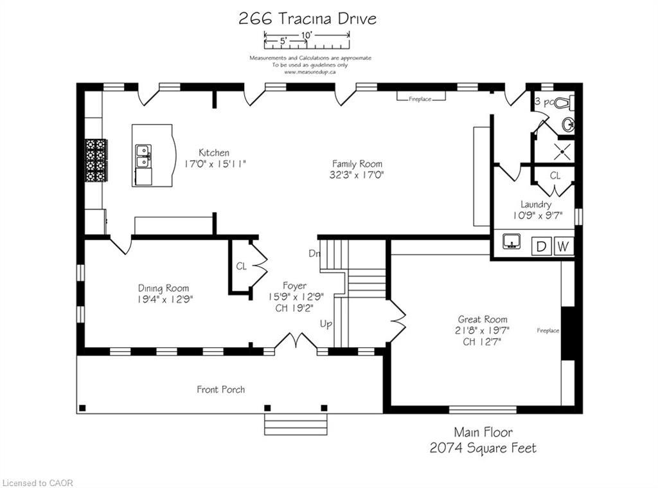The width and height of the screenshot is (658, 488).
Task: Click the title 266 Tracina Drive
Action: coord(307,18)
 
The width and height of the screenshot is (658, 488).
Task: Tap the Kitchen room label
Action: coord(214,152)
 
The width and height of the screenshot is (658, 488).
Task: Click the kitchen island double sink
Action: coord(143,156)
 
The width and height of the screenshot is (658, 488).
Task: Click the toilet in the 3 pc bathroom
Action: coord(564,102)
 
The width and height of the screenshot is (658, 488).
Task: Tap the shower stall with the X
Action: coord(564,149)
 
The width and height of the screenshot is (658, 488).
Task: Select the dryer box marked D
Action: coord(541,246)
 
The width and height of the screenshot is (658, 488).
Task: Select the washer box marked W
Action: coord(563,246)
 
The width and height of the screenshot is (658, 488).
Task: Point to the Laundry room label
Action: coord(536,204)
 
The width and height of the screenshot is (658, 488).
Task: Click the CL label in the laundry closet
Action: coord(555,175)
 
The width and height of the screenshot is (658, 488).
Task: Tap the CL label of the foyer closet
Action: coord(241,266)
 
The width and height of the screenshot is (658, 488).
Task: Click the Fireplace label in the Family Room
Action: coord(419,99)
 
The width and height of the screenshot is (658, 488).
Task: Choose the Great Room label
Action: coord(482,319)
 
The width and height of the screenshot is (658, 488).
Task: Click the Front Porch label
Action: coord(220,389)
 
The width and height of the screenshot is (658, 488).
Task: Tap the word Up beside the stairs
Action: coord(326,324)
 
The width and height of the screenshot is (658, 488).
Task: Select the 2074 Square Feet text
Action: coord(483,448)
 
